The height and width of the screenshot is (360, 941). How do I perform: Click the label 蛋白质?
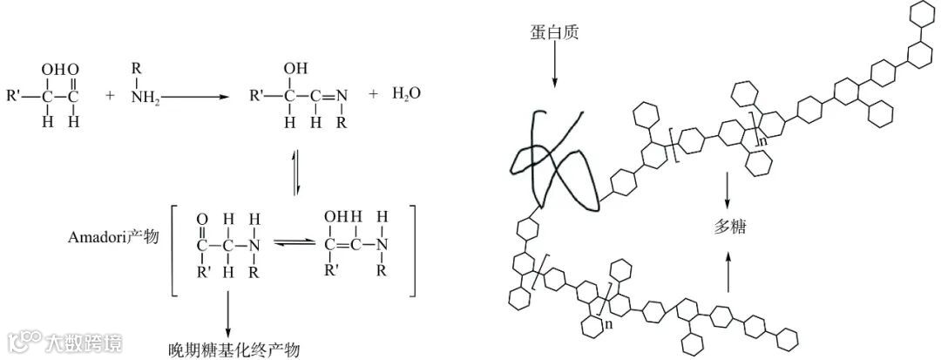tap(553, 33)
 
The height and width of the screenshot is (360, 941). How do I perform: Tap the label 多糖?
tap(728, 228)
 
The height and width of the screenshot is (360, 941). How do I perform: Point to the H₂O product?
tap(406, 93)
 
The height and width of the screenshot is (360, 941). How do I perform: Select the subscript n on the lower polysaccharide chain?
tap(607, 323)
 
